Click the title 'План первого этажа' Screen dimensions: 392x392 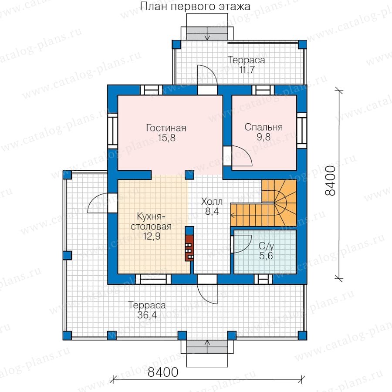[195, 7]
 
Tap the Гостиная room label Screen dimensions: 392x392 [166, 128]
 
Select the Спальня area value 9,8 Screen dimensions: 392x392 [264, 137]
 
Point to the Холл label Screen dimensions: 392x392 [212, 201]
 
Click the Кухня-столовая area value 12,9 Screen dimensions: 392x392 [152, 236]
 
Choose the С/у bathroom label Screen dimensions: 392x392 [267, 246]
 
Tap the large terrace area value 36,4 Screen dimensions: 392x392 [147, 315]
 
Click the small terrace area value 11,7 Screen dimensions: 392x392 [247, 70]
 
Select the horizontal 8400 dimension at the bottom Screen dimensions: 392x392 [163, 372]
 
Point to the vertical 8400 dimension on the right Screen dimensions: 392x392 [330, 180]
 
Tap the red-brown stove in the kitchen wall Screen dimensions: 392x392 [189, 248]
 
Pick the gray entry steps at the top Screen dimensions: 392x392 [207, 33]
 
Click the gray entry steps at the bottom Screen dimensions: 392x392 [207, 347]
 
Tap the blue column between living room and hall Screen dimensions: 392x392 [189, 175]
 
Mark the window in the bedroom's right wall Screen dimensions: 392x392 [302, 130]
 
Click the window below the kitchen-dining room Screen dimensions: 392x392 [153, 279]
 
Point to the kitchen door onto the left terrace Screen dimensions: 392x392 [112, 203]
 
